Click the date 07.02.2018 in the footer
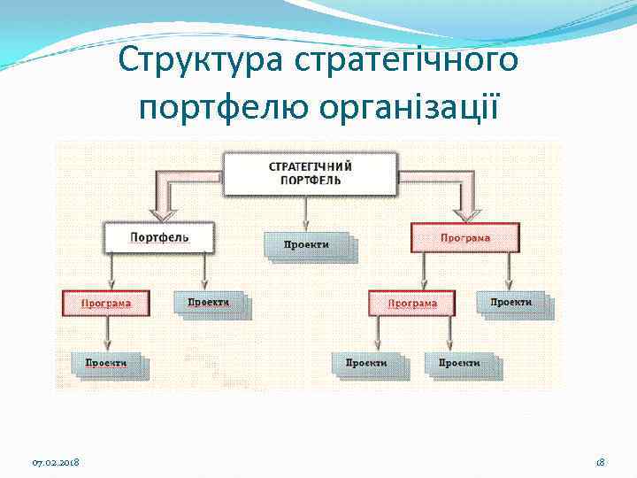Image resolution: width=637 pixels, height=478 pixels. (56, 463)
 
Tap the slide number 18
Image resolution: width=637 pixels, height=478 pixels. (599, 463)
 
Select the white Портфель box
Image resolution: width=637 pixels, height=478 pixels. (159, 237)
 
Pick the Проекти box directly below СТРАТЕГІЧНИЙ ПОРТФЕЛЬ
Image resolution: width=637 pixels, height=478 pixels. (307, 244)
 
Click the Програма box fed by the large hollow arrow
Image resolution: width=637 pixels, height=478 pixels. (464, 237)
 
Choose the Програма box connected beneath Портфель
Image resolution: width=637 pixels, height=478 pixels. (106, 303)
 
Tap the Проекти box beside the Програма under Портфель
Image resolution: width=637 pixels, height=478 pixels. (209, 303)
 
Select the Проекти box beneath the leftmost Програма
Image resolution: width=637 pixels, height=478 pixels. (106, 363)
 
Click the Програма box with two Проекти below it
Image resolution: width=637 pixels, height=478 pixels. (412, 303)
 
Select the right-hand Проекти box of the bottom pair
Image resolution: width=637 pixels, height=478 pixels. (459, 363)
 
